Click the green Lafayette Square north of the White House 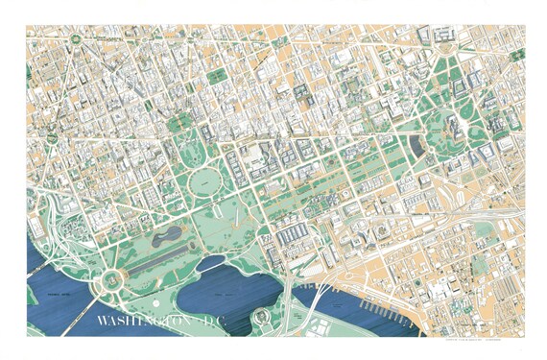(x=179, y=123)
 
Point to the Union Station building (x=444, y=36)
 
